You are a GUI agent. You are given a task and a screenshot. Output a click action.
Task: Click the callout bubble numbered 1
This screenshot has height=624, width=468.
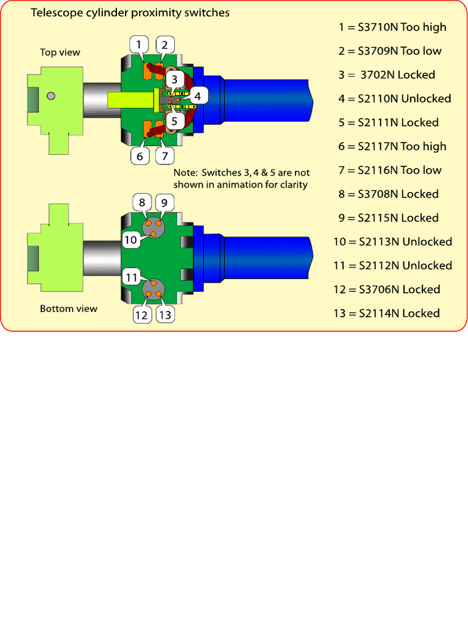pos(140,44)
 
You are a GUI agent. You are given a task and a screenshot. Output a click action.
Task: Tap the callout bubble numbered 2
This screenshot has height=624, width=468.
pos(165,44)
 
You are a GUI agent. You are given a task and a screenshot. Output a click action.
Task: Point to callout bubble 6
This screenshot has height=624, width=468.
pos(140,156)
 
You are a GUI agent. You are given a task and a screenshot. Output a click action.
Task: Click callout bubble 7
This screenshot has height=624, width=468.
pos(165,156)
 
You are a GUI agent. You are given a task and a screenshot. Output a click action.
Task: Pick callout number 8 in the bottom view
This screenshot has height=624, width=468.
pos(141,202)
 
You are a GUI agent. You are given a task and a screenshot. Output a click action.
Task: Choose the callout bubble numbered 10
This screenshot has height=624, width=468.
pos(130,239)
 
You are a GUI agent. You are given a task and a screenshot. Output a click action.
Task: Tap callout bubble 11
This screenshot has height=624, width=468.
pos(131,277)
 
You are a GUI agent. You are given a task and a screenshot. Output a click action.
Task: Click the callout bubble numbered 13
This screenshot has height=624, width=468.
pos(165,314)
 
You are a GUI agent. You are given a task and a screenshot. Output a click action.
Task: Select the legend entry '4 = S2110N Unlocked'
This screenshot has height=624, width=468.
pos(395,99)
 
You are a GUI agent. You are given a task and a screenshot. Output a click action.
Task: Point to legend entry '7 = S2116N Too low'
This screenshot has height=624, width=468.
pos(390,170)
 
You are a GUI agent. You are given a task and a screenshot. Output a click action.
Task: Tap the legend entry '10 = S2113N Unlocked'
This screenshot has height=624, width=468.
pos(392,242)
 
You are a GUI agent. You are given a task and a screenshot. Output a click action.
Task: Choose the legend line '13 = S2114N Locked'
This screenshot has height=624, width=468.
pos(386,313)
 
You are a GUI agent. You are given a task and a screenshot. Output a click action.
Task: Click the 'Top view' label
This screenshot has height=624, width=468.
pos(60,52)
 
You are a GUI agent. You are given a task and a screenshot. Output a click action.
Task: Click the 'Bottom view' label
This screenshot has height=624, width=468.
pos(68,308)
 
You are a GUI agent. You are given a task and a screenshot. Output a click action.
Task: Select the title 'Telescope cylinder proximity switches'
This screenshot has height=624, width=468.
pos(130,12)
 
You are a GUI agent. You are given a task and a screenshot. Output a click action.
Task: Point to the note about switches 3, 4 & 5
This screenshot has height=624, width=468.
pos(241,179)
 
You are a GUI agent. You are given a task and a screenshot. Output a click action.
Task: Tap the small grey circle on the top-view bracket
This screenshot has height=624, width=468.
pos(51,95)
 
